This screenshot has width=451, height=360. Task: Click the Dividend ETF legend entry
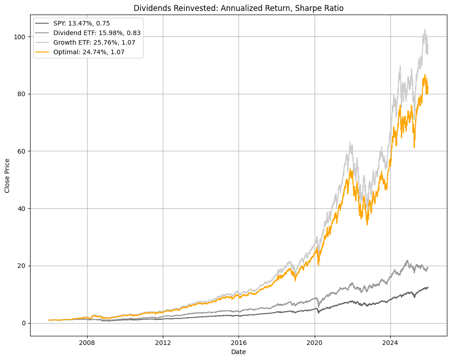[97, 33]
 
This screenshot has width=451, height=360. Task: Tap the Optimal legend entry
[88, 52]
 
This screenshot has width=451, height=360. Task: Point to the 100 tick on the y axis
[21, 36]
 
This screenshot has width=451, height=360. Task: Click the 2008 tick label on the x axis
[87, 343]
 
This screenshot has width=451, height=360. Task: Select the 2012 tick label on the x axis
[163, 343]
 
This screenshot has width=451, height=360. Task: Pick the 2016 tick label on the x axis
[238, 343]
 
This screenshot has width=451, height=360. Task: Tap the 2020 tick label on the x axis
[315, 343]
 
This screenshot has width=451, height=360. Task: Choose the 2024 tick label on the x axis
[390, 343]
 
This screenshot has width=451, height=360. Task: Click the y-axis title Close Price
[8, 176]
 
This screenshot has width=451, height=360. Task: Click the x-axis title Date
[238, 352]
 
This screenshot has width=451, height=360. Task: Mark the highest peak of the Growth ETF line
[425, 30]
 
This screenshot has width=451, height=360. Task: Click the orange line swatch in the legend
[43, 52]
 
